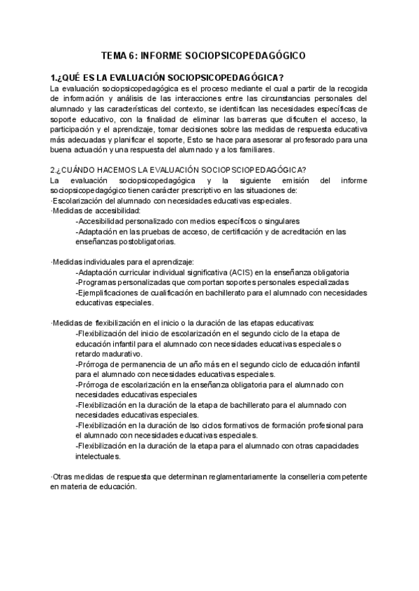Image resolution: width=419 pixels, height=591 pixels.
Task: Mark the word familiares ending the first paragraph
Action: [x=252, y=150]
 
